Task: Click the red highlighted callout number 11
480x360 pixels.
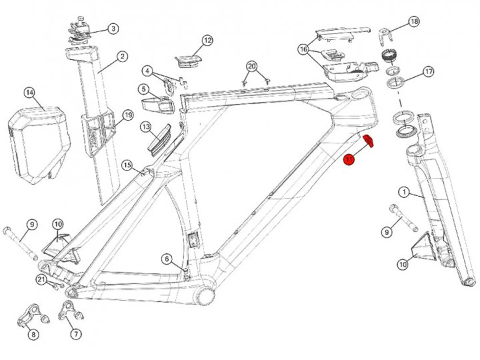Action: point(349,159)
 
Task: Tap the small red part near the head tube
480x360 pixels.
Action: point(369,141)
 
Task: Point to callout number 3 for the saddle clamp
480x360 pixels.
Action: point(113,28)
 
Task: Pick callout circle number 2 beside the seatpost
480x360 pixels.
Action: point(122,57)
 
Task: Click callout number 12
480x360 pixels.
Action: point(207,40)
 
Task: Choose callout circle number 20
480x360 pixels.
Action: point(252,67)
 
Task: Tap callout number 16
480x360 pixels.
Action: point(304,49)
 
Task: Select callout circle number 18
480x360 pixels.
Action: point(414,22)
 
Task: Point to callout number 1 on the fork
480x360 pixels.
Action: point(404,192)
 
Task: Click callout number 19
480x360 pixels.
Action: point(128,115)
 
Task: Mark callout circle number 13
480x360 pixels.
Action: point(146,127)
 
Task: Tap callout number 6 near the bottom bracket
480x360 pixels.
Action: point(167,259)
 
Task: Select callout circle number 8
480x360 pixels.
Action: point(33,335)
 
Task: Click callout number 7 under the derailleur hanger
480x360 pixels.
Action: point(76,334)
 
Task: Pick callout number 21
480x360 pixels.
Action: point(41,280)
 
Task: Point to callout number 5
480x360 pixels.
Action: point(144,89)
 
